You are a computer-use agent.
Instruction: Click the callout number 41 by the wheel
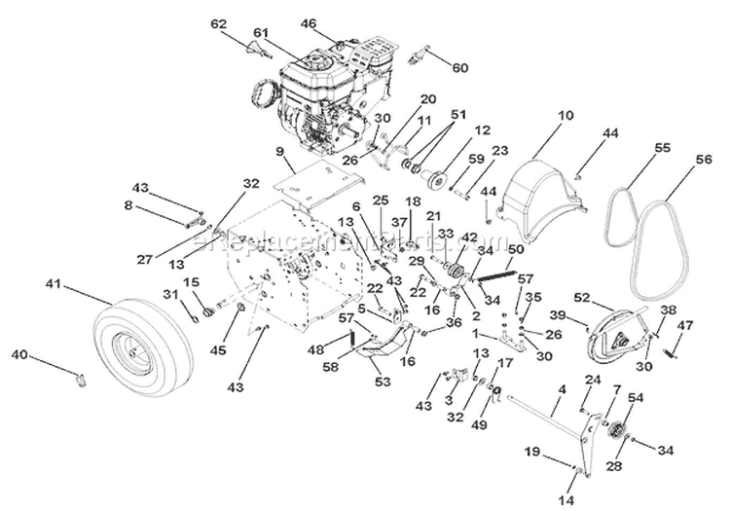point(54,284)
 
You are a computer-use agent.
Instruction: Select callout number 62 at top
point(217,21)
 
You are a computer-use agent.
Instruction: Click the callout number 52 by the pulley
point(582,297)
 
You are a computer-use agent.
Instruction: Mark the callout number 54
point(636,397)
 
